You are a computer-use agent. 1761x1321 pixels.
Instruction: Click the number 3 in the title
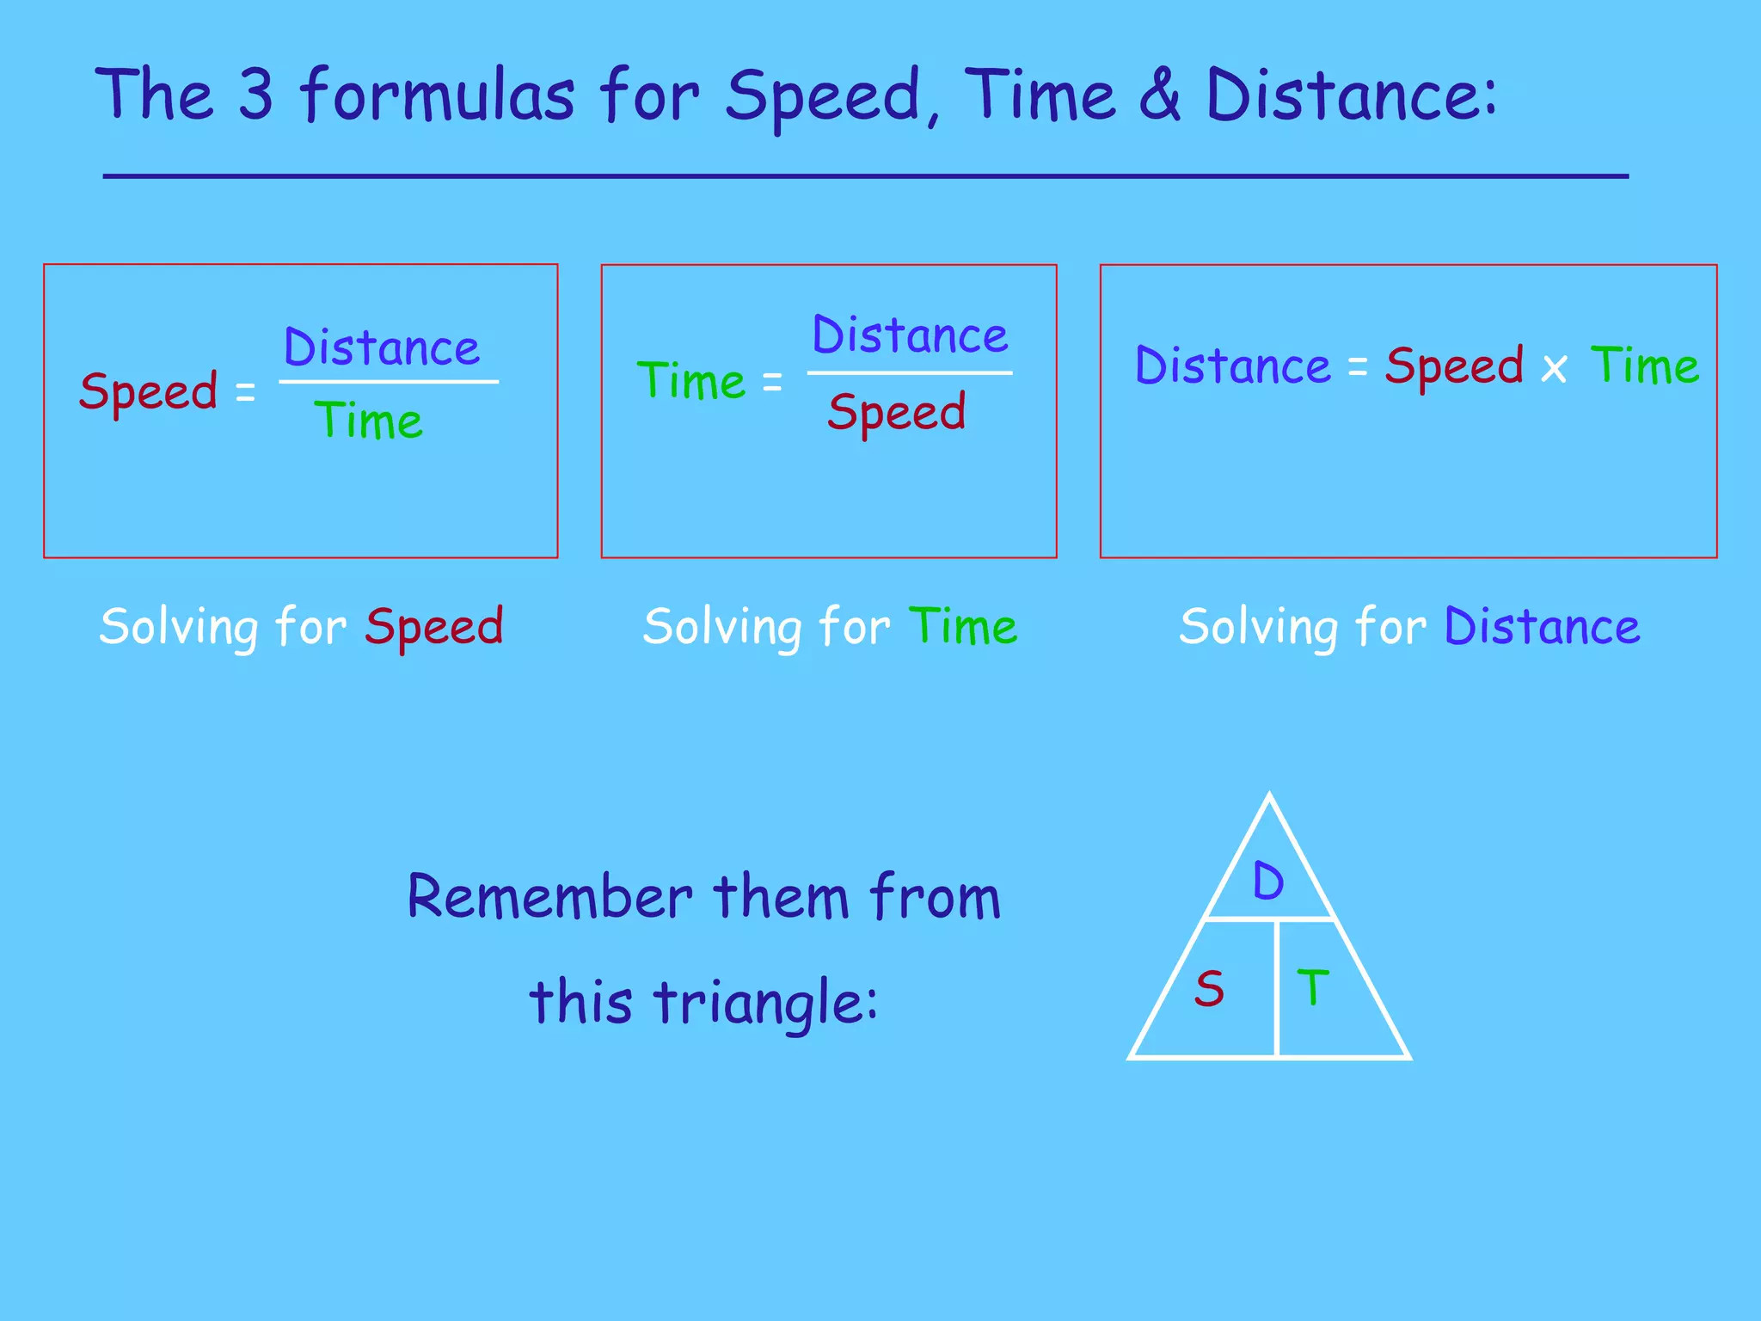(255, 94)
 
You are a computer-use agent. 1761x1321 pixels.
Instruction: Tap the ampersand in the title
(1160, 94)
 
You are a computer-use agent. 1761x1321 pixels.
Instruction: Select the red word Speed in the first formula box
(149, 392)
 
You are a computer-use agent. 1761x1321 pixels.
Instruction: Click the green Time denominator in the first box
(369, 421)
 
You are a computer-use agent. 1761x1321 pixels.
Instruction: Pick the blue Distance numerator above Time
(382, 347)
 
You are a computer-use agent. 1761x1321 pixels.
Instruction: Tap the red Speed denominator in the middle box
(897, 413)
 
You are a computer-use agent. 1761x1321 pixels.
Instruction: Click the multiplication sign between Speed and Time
(1554, 369)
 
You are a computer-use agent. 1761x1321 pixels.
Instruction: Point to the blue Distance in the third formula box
(1233, 366)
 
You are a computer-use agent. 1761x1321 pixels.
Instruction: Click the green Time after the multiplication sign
(1645, 366)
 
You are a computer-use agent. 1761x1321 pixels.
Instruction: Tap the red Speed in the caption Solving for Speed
(434, 627)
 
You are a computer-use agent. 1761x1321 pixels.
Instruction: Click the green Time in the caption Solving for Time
(963, 626)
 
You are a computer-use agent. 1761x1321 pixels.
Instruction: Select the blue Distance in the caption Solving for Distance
(1542, 626)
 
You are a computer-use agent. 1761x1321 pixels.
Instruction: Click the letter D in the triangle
(1268, 882)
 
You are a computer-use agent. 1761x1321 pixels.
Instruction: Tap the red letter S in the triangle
(1209, 989)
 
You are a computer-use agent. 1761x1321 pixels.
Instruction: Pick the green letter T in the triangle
(1313, 987)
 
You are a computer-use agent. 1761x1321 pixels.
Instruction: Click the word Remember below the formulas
(550, 897)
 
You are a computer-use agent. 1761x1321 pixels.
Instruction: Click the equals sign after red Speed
(246, 393)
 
